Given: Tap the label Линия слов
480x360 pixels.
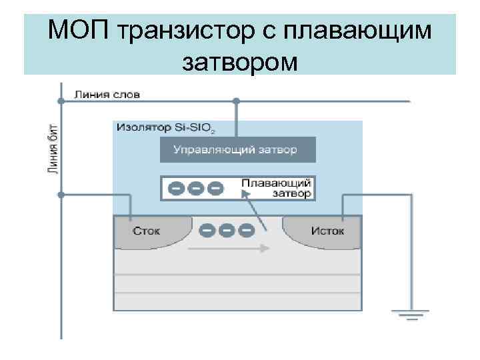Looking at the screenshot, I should (x=107, y=95).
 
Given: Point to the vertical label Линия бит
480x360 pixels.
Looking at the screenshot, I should (x=53, y=147).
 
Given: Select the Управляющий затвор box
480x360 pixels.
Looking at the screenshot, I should (x=237, y=150).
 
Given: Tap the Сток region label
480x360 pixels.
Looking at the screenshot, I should (x=146, y=231).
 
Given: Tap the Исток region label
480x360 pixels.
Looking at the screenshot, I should (x=327, y=231).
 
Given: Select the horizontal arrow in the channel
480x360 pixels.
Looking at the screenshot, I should (x=229, y=248).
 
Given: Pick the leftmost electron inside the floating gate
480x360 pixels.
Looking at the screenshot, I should (x=175, y=189).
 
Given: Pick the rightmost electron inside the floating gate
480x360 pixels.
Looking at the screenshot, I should (x=214, y=189).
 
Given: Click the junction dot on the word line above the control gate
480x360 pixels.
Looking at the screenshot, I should (x=237, y=101).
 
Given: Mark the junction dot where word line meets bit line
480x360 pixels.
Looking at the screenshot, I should (x=61, y=101).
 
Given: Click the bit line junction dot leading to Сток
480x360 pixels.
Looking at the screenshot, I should (x=61, y=195).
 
